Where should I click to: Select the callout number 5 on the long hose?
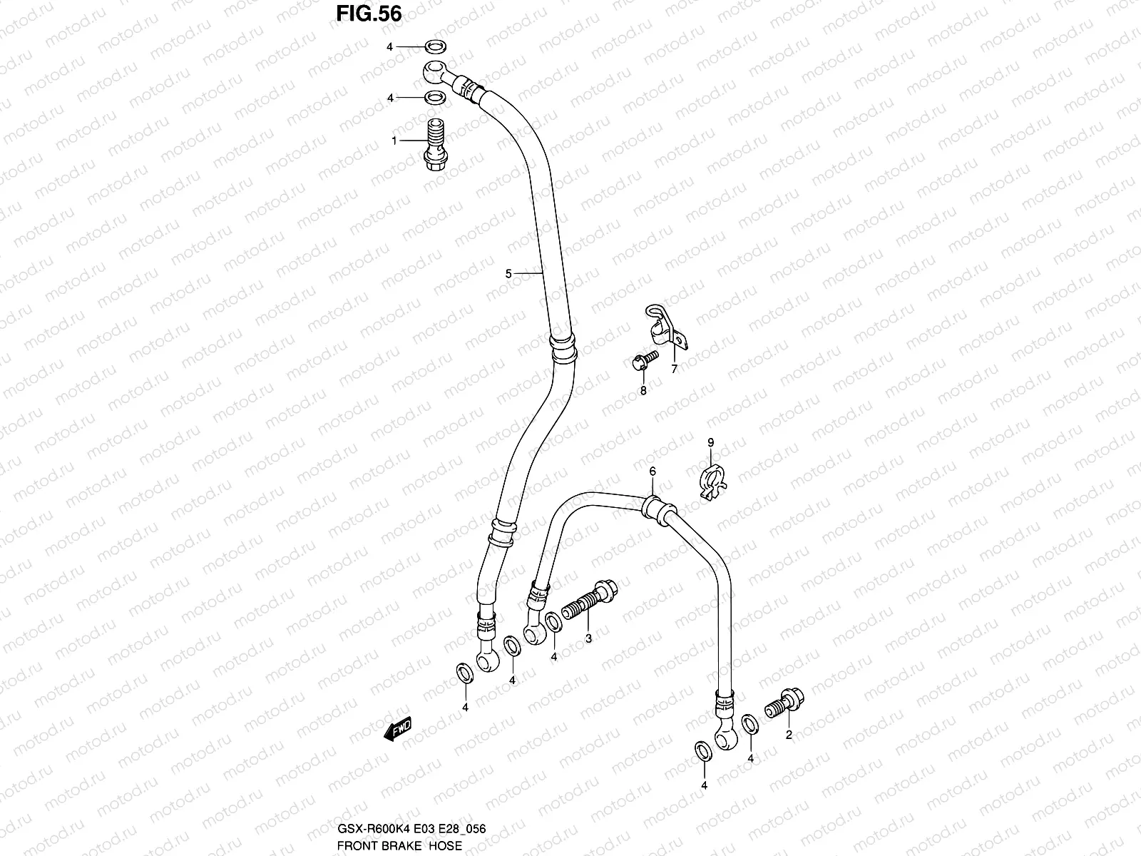(x=508, y=273)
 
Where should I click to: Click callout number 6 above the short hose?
(x=652, y=471)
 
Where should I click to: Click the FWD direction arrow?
(x=398, y=729)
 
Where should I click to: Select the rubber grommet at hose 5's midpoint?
(x=562, y=346)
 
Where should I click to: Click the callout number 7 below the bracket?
(x=673, y=369)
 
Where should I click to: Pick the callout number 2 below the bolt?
(x=789, y=735)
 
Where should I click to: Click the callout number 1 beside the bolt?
(x=394, y=141)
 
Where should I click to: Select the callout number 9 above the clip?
(x=710, y=443)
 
